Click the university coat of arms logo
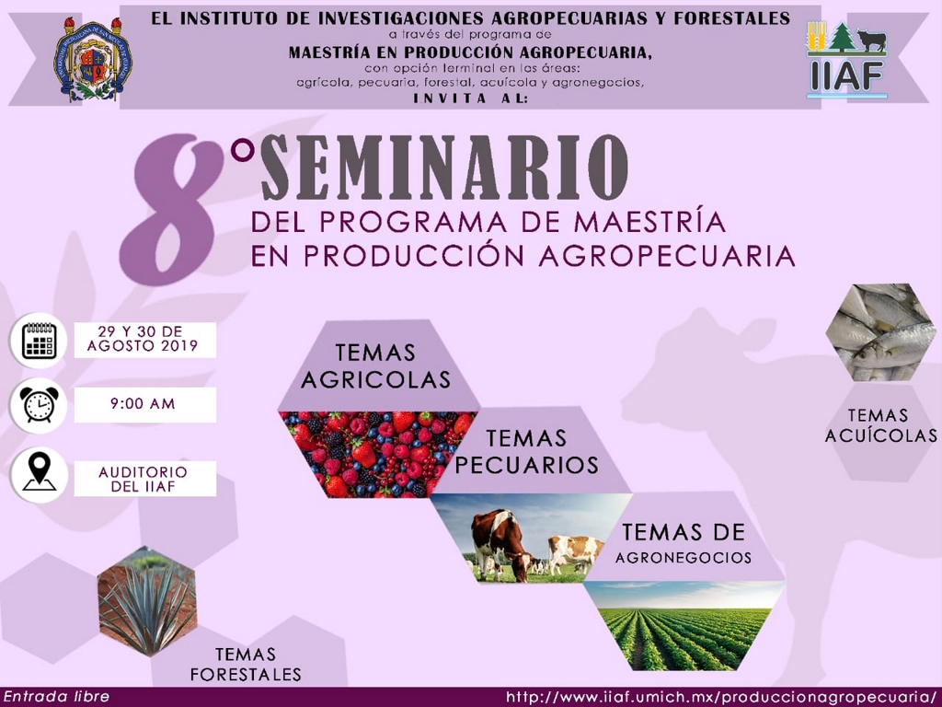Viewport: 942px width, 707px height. [x=93, y=58]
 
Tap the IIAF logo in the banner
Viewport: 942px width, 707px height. [x=846, y=60]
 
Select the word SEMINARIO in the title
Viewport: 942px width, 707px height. [x=444, y=168]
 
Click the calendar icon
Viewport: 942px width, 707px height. [x=39, y=341]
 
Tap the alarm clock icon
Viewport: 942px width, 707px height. [x=39, y=405]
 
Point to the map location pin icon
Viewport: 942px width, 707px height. [x=40, y=472]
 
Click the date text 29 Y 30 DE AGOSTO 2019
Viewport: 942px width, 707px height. [x=143, y=339]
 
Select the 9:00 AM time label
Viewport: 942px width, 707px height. [x=143, y=403]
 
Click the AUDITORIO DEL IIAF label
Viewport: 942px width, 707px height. [x=143, y=479]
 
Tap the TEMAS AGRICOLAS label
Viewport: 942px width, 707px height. [x=376, y=365]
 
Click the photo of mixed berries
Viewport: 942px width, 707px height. [x=377, y=454]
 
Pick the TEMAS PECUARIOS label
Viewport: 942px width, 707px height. [x=527, y=451]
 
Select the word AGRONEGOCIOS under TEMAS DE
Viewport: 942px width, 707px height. [x=684, y=558]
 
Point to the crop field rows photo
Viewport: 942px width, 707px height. [x=684, y=625]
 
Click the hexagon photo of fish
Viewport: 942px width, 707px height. [x=880, y=332]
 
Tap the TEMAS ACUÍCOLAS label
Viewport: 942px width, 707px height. [x=880, y=425]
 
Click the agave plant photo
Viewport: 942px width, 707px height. [x=147, y=600]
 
